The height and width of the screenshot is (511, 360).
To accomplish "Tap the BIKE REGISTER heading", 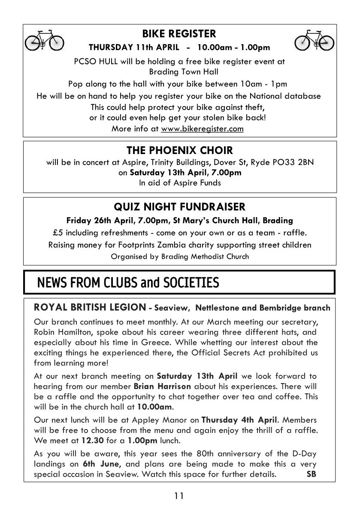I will pos(179,33).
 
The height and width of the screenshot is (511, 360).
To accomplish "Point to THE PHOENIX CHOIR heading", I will pos(179,151).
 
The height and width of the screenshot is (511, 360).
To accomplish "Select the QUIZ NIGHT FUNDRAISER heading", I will pos(179,207).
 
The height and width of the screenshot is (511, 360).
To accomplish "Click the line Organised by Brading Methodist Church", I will pos(179,257).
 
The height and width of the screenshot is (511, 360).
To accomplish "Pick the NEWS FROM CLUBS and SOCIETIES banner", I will pos(128,283).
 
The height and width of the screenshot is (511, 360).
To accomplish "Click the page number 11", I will pos(179,497).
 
